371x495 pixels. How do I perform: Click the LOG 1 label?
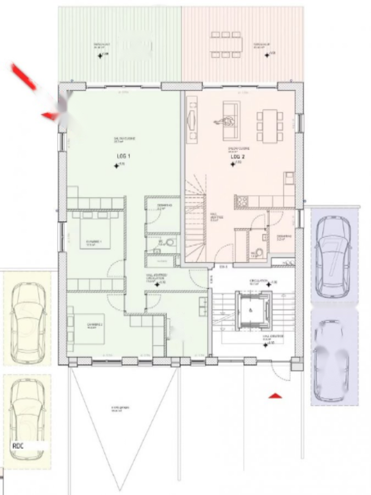tap(121, 156)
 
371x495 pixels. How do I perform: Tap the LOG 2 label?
tap(237, 156)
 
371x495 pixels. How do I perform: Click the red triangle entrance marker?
tap(275, 395)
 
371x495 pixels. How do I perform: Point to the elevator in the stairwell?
tap(252, 310)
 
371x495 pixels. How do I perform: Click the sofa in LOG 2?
tap(230, 114)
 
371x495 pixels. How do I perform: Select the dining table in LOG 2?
tap(270, 125)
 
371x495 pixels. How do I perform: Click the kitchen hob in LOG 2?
tap(241, 202)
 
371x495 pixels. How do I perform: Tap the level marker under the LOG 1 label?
tap(116, 165)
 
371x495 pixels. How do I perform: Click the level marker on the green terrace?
tap(100, 55)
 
